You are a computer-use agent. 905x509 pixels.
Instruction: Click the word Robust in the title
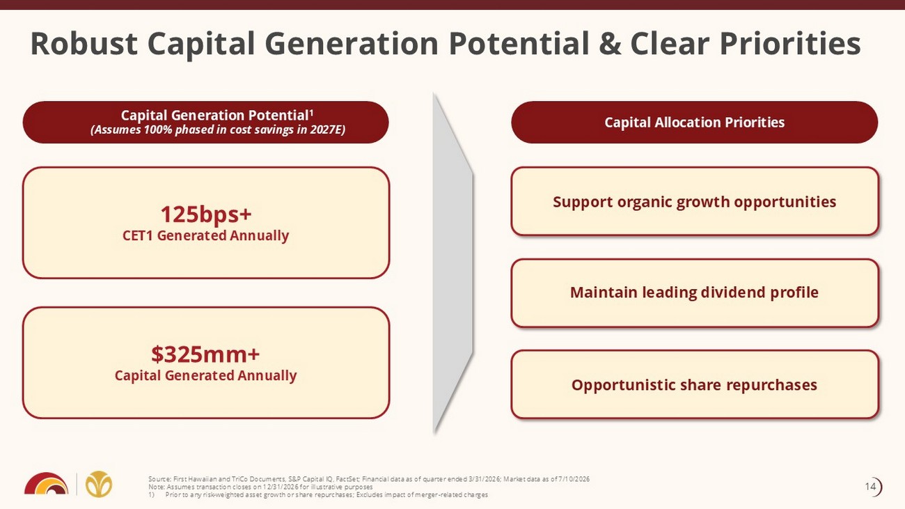tap(84, 43)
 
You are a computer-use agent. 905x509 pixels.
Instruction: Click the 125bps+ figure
tap(205, 214)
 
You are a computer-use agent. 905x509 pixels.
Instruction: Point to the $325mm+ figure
tap(205, 354)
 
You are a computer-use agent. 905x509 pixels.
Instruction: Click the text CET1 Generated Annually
tap(205, 235)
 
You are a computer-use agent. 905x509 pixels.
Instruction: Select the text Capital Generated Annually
tap(205, 376)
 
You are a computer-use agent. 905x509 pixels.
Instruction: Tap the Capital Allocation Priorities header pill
tap(694, 122)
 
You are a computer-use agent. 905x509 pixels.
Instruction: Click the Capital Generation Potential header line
tap(217, 115)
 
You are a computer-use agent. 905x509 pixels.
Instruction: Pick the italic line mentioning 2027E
tap(218, 130)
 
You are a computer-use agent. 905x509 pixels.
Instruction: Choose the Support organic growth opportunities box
tap(695, 201)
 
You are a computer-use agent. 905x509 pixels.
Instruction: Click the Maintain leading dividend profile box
tap(695, 293)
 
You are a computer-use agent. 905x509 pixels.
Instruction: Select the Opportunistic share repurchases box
tap(695, 384)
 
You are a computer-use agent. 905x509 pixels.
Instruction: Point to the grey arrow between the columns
tap(452, 263)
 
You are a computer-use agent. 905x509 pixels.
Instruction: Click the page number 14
tap(870, 487)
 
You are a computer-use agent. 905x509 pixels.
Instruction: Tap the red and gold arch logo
tap(46, 483)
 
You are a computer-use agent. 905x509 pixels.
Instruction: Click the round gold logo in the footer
tap(99, 483)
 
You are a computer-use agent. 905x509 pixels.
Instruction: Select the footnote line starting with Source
tap(369, 479)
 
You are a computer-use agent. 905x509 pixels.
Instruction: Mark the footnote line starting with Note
tap(260, 487)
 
